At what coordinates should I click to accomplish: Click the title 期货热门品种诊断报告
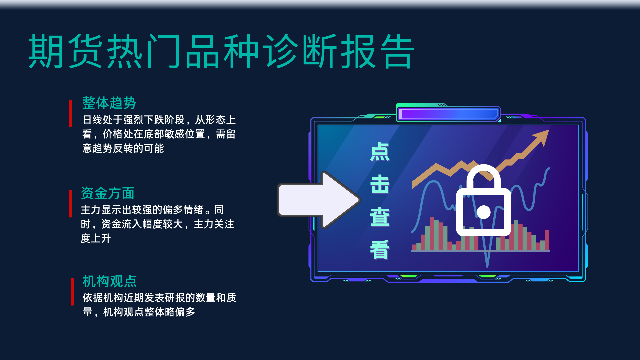221,51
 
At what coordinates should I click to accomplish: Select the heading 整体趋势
109,103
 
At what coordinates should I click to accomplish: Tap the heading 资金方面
108,193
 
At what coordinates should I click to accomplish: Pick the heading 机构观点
110,281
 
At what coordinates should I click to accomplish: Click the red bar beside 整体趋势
71,113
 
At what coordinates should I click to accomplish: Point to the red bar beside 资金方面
71,204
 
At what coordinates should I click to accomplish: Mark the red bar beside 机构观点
73,292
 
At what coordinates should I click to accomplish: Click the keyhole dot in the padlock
484,212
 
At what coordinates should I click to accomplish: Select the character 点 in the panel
380,152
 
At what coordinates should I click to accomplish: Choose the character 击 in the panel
380,184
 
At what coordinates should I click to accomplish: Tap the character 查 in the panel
380,217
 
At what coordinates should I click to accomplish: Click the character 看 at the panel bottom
380,249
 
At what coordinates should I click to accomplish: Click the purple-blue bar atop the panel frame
448,114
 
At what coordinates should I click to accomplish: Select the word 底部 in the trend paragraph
154,134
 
